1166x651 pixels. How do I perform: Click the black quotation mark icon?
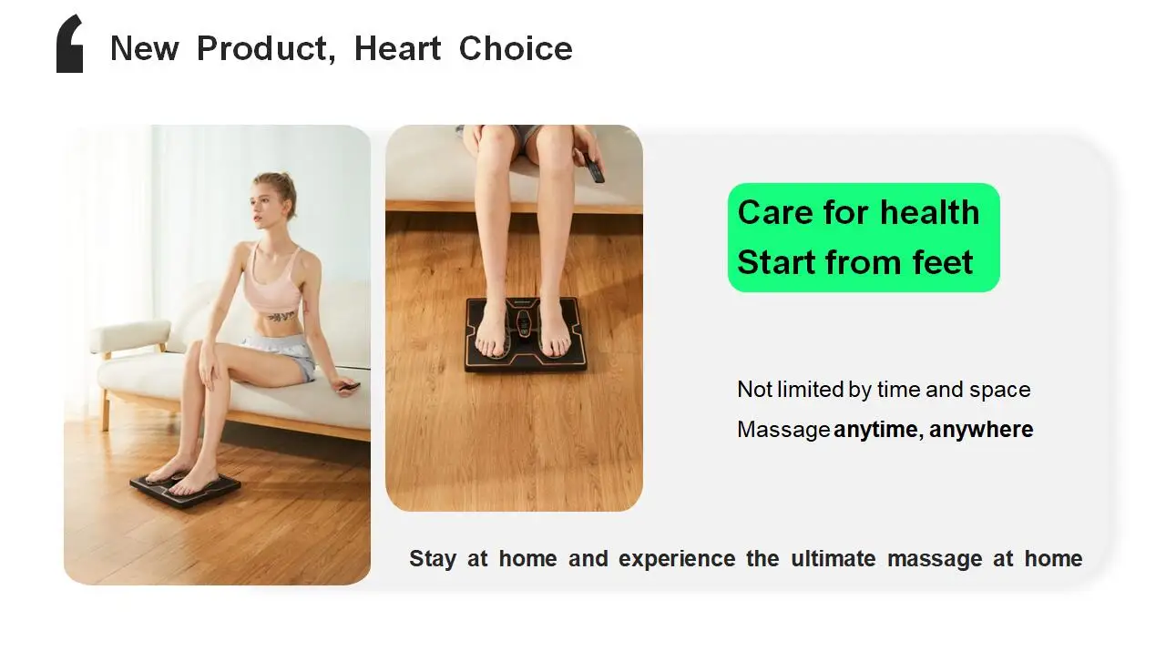(70, 45)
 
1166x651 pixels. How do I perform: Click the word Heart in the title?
(398, 48)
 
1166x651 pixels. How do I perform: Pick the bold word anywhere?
(981, 430)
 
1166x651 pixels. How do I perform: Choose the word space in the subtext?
(999, 390)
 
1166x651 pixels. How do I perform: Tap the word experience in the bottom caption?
(677, 558)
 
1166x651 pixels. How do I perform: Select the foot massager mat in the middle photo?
(526, 335)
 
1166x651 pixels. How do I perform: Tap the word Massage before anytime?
(783, 430)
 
